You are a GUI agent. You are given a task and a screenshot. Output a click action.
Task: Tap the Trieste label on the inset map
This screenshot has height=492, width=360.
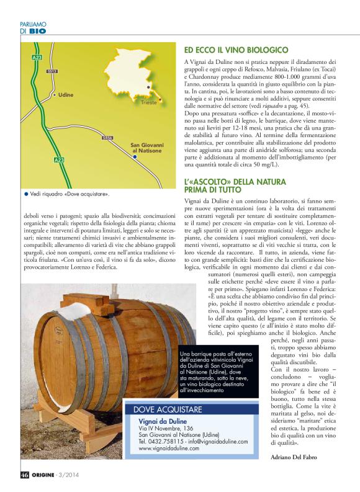(x=149, y=104)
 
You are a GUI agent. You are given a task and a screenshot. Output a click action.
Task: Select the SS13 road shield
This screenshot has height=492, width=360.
(x=52, y=71)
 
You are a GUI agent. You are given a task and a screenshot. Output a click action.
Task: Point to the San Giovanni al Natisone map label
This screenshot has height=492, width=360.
(x=146, y=149)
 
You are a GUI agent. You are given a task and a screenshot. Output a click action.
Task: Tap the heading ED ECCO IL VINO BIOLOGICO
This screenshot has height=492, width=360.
(x=235, y=48)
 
